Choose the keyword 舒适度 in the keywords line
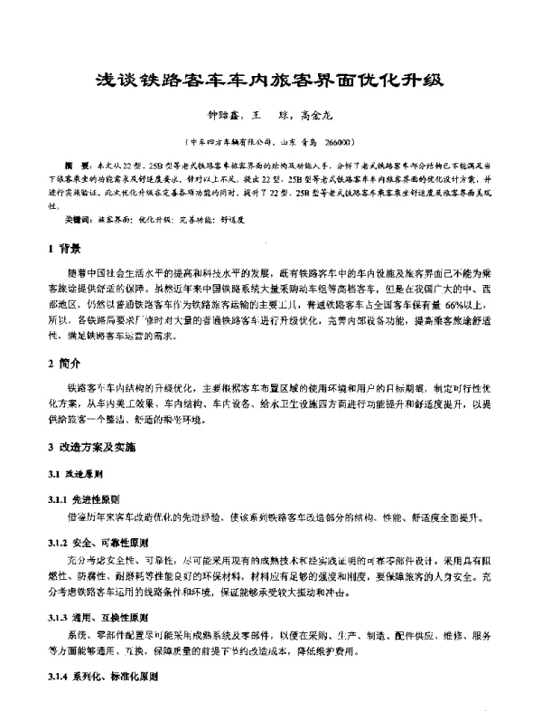(259, 219)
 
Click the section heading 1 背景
(64, 247)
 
